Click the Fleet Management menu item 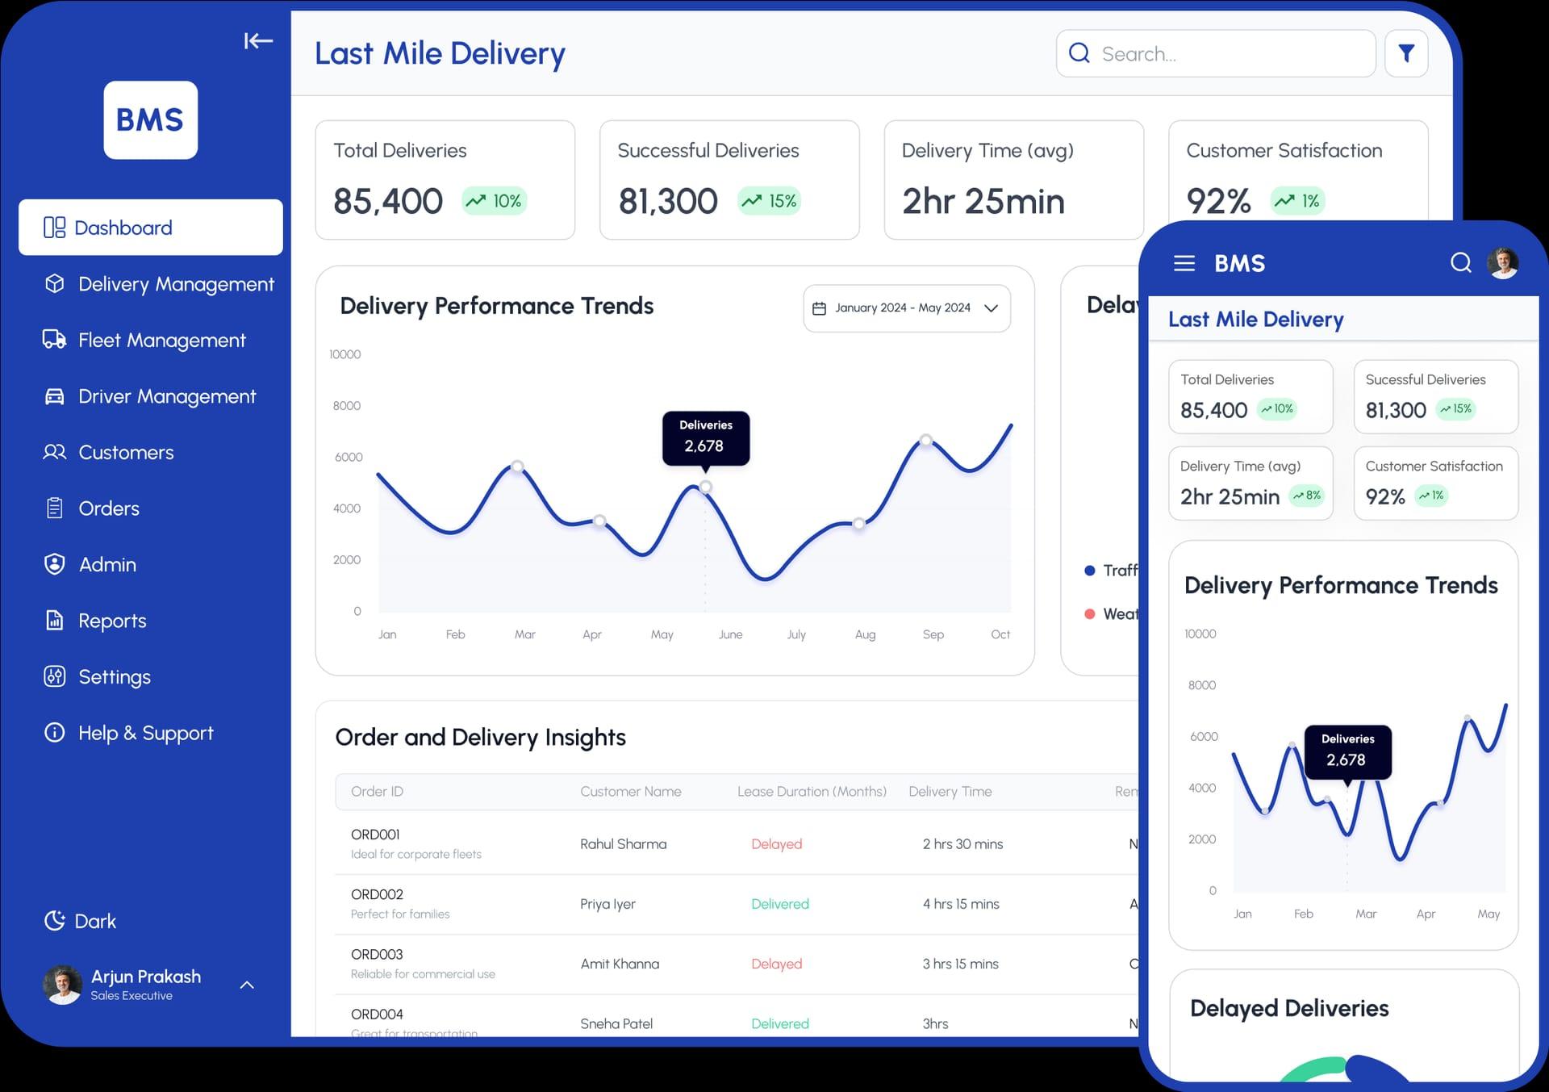[161, 341]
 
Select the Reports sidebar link [111, 621]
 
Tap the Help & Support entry [144, 733]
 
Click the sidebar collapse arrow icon [258, 40]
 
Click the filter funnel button [1406, 53]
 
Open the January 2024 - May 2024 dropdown [906, 308]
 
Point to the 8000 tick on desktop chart [346, 406]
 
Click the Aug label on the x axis [865, 634]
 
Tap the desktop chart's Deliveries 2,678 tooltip [705, 437]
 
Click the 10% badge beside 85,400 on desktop [495, 201]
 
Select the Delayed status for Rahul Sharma [776, 844]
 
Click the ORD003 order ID [377, 954]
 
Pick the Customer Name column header [630, 792]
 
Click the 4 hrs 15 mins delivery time [960, 904]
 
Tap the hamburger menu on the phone [1184, 263]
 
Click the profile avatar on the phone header [1502, 263]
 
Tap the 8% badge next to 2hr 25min [1307, 496]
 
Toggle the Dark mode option [81, 921]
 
